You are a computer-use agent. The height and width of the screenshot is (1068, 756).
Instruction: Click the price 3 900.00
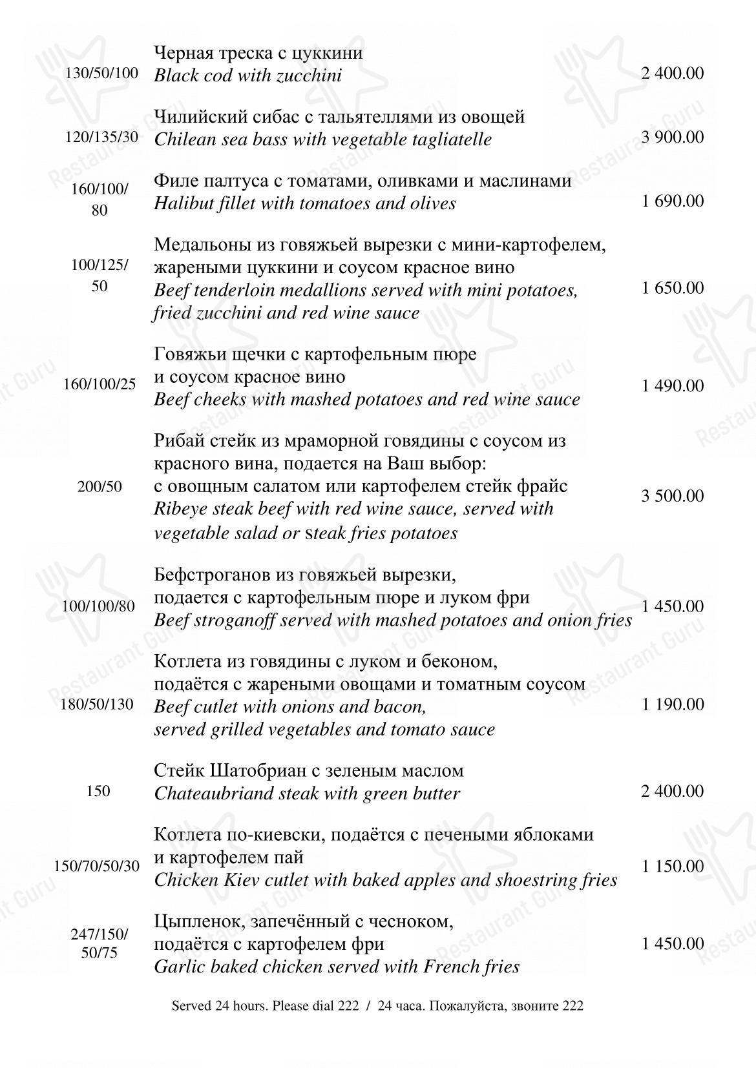[673, 138]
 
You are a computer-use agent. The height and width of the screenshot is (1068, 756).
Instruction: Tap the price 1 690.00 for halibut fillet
[673, 201]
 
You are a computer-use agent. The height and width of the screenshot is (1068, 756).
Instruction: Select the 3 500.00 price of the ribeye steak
[673, 496]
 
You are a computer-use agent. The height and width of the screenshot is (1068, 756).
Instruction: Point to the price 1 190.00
[673, 704]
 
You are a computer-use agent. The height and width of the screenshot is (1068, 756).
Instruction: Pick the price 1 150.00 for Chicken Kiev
[673, 866]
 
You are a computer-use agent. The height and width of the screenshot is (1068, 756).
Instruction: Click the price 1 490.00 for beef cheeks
[673, 386]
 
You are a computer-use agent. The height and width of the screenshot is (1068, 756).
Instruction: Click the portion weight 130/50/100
[102, 73]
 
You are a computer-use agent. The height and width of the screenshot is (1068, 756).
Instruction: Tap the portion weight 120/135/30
[102, 138]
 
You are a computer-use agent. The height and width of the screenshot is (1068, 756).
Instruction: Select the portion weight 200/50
[100, 487]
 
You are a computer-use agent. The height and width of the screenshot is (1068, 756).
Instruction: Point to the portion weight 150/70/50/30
[97, 866]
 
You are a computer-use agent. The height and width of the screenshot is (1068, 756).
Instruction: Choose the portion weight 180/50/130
[97, 704]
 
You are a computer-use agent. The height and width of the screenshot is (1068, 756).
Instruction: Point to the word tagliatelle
[448, 139]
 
